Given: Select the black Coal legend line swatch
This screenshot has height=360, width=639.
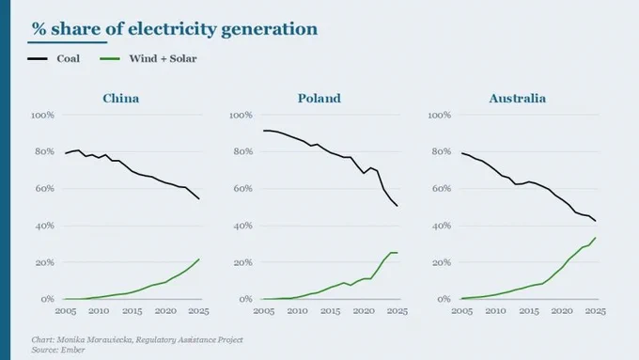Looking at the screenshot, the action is [x=38, y=58].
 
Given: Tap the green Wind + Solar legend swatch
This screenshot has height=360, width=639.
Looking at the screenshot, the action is [x=110, y=58].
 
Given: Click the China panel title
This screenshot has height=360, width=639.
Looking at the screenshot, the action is [x=120, y=99].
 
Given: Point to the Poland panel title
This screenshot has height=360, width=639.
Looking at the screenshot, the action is [x=319, y=99].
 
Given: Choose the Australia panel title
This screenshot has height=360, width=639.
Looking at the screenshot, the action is [x=517, y=99].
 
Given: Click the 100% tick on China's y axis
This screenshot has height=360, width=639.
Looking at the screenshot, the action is [x=43, y=116].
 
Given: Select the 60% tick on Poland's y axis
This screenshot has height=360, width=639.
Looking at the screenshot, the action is [x=242, y=189].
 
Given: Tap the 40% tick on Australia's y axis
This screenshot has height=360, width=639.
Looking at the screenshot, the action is [x=442, y=226].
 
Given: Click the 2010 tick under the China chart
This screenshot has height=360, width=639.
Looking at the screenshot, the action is [x=99, y=311].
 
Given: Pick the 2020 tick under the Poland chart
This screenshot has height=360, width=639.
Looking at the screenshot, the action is [x=364, y=311].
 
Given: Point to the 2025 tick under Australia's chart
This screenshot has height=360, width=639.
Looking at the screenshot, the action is [x=596, y=311].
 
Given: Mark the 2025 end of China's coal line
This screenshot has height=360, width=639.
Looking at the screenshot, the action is [x=199, y=199].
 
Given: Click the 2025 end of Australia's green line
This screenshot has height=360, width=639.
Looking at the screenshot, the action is [x=596, y=238].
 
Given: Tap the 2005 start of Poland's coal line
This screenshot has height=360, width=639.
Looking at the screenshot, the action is [x=264, y=131].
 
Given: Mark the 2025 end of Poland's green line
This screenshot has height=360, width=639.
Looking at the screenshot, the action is [x=397, y=253].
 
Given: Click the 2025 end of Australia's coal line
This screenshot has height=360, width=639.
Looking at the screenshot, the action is [x=596, y=222].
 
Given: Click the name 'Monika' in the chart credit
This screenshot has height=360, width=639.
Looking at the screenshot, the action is [x=70, y=339].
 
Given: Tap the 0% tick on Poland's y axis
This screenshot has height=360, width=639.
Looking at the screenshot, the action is [x=246, y=299].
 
